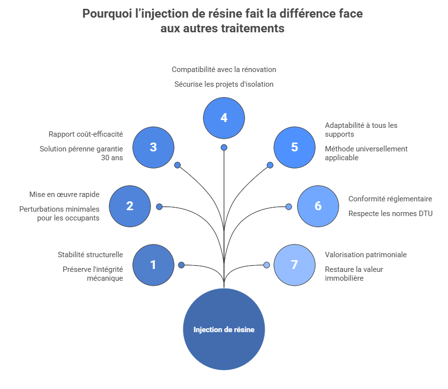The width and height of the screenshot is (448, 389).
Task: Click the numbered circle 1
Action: tap(153, 265)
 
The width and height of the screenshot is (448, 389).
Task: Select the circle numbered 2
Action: tap(130, 206)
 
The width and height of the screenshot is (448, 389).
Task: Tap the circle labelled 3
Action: tap(153, 147)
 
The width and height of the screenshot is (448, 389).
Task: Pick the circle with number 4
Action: tap(224, 118)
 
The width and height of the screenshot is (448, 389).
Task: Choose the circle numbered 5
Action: tap(295, 147)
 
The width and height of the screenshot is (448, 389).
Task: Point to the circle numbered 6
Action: tap(318, 206)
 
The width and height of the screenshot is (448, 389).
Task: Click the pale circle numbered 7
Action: tap(295, 265)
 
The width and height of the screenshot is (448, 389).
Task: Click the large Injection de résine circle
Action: tap(224, 329)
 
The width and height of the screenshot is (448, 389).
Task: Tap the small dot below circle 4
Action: tap(224, 147)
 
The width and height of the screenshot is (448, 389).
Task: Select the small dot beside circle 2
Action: tap(159, 207)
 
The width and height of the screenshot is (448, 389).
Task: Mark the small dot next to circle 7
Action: tap(267, 265)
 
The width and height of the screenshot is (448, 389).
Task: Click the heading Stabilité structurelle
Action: tap(90, 255)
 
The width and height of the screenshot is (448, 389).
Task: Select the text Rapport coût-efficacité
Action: tap(86, 134)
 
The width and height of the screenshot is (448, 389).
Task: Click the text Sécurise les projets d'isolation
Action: tap(224, 84)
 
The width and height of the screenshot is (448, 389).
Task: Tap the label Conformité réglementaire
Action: tap(390, 199)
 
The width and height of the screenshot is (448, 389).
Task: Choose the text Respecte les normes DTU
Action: tap(391, 214)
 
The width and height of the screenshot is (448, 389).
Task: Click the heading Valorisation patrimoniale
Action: tap(366, 255)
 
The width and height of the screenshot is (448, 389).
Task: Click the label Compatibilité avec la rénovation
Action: tap(224, 70)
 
